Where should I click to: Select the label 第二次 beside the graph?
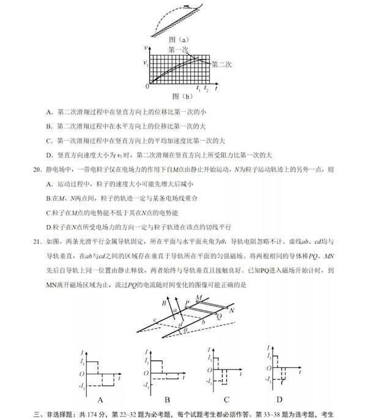(222, 63)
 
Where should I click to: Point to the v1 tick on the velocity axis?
(145, 63)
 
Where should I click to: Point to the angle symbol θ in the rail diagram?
(177, 331)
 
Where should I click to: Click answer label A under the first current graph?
(100, 401)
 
